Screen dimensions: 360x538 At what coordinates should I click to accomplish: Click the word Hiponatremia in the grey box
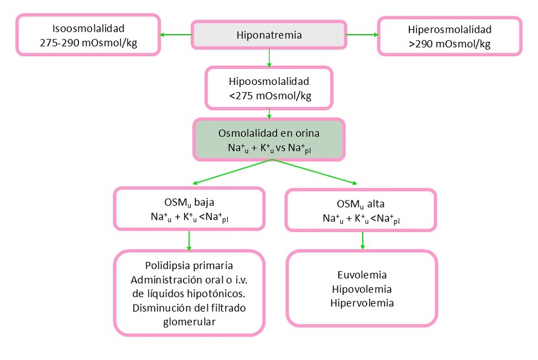[268, 35]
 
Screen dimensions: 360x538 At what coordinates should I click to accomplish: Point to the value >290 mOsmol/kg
[450, 43]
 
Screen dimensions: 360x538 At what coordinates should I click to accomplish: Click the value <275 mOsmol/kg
[270, 96]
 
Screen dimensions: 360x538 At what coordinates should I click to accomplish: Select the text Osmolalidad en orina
[269, 133]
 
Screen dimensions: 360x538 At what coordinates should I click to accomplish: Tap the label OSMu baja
[188, 202]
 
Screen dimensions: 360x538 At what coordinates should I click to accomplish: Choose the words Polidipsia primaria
[189, 266]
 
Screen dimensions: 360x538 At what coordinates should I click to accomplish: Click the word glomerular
[189, 321]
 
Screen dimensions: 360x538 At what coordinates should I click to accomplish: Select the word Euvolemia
[362, 275]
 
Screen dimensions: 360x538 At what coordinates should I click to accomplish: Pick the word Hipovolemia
[362, 289]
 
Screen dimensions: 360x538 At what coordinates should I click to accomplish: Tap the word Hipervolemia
[362, 303]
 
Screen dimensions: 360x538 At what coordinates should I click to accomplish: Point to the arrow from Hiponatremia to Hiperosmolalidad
[361, 34]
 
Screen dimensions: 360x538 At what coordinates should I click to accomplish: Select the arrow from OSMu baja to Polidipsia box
[189, 240]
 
